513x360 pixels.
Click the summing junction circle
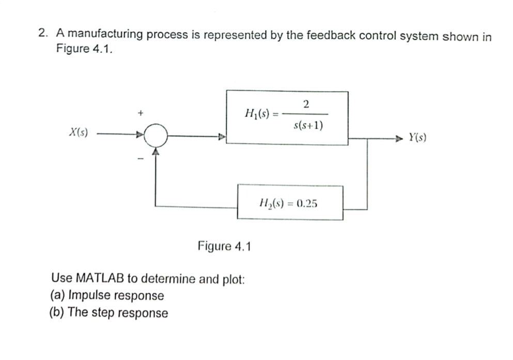tap(156, 136)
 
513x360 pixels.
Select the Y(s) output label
tap(417, 137)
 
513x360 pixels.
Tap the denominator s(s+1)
tap(308, 125)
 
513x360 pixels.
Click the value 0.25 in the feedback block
tap(307, 203)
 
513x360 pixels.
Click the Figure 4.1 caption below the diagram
tap(224, 246)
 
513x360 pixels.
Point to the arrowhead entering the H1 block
tap(222, 137)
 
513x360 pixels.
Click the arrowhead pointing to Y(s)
tap(399, 138)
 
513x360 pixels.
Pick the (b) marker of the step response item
tap(58, 313)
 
